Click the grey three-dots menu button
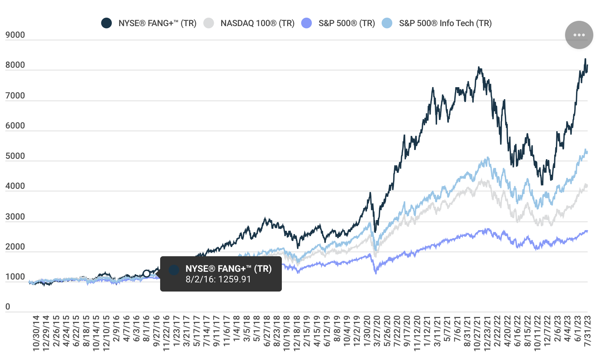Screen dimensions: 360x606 tap(579, 35)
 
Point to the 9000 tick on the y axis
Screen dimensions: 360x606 tap(15, 35)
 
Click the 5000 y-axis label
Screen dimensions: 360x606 tap(15, 156)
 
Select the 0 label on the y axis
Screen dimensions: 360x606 tap(8, 307)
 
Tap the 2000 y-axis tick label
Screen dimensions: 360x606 tap(15, 247)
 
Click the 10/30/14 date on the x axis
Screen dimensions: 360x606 tap(36, 333)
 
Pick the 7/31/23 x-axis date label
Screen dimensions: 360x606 tap(587, 331)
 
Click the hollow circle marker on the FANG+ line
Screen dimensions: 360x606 tap(146, 274)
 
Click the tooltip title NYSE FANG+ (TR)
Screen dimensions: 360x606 tap(228, 269)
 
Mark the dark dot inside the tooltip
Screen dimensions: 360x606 tap(174, 270)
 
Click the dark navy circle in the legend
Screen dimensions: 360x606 tap(107, 23)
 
